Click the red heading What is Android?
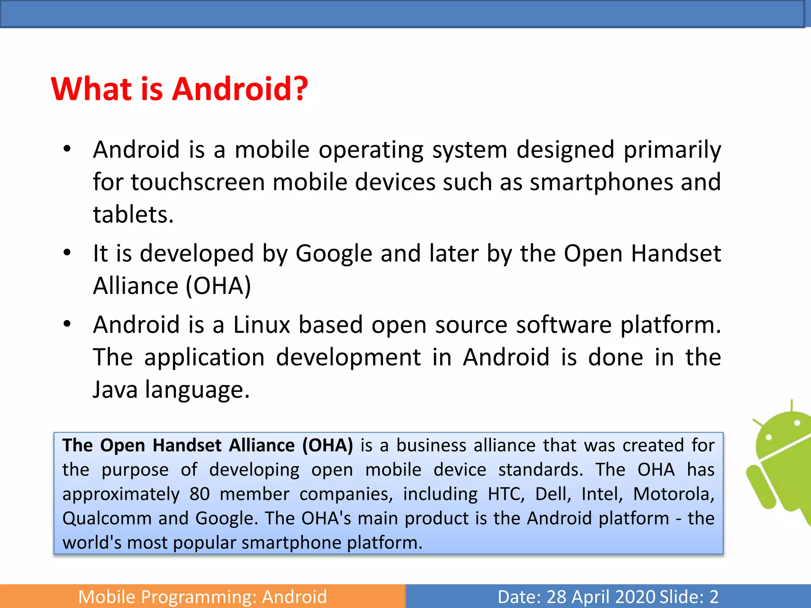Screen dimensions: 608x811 pyautogui.click(x=179, y=89)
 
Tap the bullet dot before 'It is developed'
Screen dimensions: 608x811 pyautogui.click(x=67, y=253)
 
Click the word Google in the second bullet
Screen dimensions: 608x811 pyautogui.click(x=333, y=253)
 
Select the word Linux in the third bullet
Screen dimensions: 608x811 pyautogui.click(x=261, y=325)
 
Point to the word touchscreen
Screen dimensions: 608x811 pyautogui.click(x=198, y=182)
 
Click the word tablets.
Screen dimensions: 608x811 pyautogui.click(x=133, y=215)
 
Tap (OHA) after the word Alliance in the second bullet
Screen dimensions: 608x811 pyautogui.click(x=218, y=286)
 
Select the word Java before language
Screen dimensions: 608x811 pyautogui.click(x=115, y=389)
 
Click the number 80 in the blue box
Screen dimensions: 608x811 pyautogui.click(x=199, y=494)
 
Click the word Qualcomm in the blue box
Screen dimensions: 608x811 pyautogui.click(x=106, y=518)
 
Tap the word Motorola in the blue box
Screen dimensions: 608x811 pyautogui.click(x=673, y=494)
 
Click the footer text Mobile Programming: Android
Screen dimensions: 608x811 pyautogui.click(x=202, y=597)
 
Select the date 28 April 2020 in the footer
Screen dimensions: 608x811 pyautogui.click(x=600, y=597)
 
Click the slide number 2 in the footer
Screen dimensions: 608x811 pyautogui.click(x=714, y=597)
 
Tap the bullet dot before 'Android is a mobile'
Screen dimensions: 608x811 pyautogui.click(x=67, y=149)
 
